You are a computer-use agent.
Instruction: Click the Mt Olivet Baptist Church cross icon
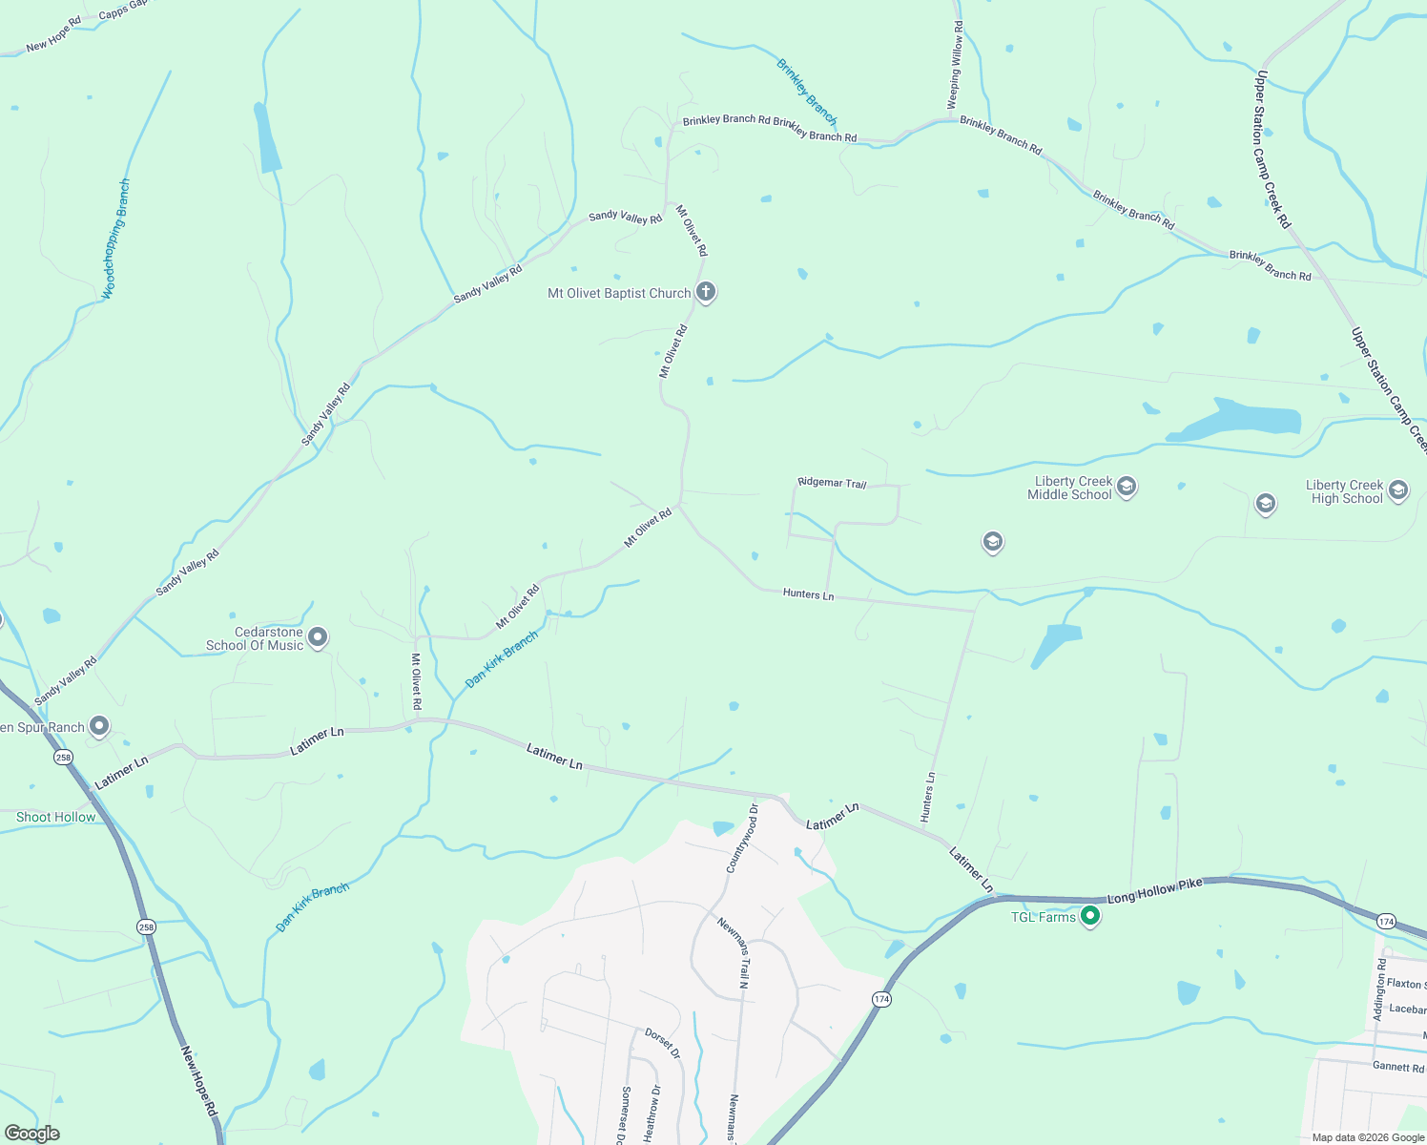click(706, 292)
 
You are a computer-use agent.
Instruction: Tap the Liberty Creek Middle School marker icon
click(1126, 488)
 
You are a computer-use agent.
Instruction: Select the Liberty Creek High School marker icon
click(1398, 490)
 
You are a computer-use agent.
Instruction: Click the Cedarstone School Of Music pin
click(319, 637)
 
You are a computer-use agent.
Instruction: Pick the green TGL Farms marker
click(1090, 917)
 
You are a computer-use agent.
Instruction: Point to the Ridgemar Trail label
click(832, 483)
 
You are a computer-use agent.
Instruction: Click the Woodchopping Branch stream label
click(115, 239)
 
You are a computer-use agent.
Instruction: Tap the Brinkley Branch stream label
click(806, 93)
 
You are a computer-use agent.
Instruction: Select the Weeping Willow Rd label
click(955, 66)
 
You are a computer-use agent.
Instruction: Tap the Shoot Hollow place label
click(56, 817)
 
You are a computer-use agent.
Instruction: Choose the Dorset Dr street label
click(662, 1043)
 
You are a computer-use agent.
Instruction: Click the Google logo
click(31, 1134)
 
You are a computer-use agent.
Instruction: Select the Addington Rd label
click(1380, 991)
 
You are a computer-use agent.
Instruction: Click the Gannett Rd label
click(1397, 1067)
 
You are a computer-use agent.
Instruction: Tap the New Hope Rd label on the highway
click(200, 1083)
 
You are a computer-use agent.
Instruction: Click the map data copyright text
click(1368, 1137)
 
